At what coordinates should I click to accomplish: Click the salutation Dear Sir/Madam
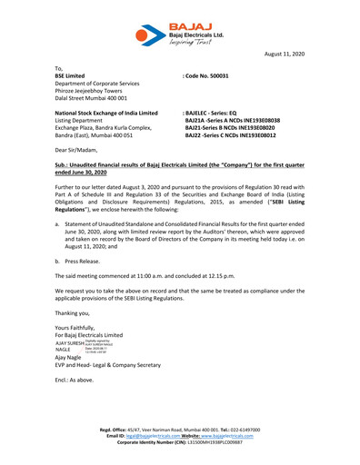click(x=77, y=148)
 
